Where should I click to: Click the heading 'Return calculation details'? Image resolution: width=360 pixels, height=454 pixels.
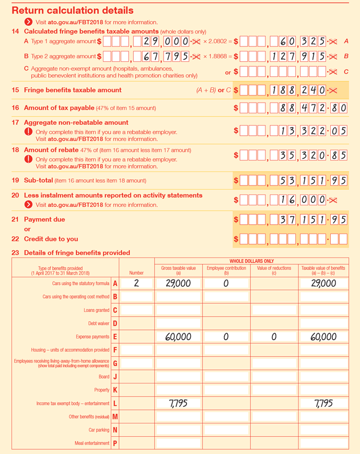pyautogui.click(x=73, y=10)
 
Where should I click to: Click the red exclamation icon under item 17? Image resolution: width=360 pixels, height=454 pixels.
pyautogui.click(x=28, y=132)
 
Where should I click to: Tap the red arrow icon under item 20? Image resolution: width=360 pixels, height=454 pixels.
pyautogui.click(x=28, y=205)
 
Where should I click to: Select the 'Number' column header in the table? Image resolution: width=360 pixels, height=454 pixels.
pyautogui.click(x=136, y=273)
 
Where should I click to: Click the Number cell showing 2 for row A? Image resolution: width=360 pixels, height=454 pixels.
pyautogui.click(x=136, y=283)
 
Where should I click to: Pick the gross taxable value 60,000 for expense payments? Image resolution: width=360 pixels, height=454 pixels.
pyautogui.click(x=178, y=337)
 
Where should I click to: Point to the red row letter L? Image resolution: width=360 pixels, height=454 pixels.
pyautogui.click(x=115, y=403)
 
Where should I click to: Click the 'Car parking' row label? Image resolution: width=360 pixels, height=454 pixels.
pyautogui.click(x=99, y=430)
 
